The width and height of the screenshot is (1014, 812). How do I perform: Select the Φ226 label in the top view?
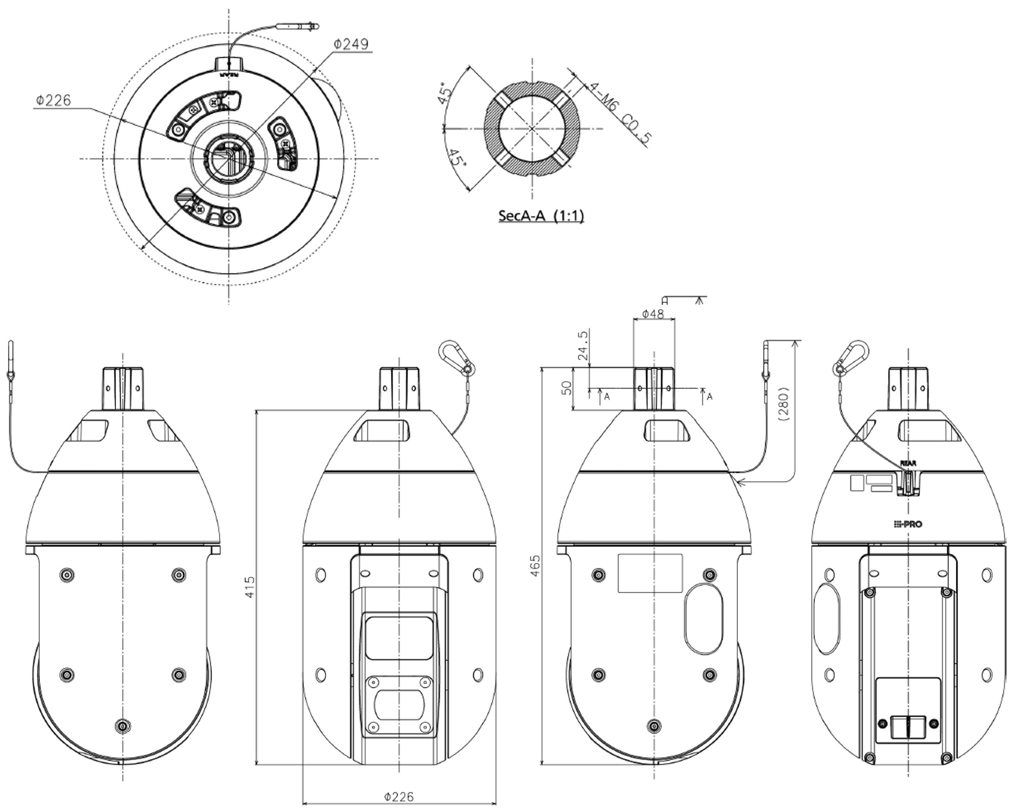pos(53,100)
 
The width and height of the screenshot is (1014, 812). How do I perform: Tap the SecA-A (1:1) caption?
pos(541,216)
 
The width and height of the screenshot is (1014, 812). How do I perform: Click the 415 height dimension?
pos(250,587)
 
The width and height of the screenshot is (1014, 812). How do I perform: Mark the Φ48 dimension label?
pos(653,313)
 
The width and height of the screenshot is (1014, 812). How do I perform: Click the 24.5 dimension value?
pos(583,345)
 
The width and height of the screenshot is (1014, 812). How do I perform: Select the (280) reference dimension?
pos(784,403)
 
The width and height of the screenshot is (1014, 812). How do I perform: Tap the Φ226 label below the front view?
pos(399,796)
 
